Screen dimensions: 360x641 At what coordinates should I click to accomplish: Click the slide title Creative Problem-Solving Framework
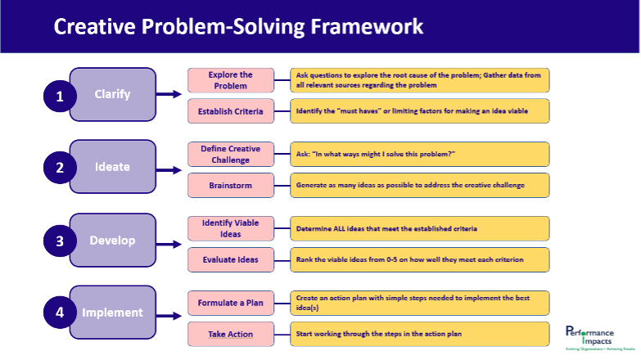(238, 26)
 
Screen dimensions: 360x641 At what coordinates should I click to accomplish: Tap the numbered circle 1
(59, 97)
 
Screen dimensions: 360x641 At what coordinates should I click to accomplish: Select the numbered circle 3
(59, 241)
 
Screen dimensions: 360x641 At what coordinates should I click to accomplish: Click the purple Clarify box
(112, 94)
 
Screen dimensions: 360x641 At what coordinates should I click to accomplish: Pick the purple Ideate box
(112, 167)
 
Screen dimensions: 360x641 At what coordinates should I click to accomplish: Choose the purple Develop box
(112, 241)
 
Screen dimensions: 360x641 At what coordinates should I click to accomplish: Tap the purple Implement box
(112, 312)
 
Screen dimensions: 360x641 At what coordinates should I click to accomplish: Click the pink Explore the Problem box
(230, 80)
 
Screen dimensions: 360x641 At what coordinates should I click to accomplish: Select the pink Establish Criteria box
(230, 111)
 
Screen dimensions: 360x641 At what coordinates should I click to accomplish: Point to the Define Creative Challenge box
(230, 154)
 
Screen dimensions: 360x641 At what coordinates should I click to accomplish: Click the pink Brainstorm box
(230, 186)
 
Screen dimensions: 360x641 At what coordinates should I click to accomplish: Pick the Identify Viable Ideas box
(230, 228)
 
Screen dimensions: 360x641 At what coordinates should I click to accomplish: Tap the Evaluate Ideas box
(230, 259)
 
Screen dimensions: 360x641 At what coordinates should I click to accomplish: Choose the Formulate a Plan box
(230, 303)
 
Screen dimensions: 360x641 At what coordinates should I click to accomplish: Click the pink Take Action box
(230, 334)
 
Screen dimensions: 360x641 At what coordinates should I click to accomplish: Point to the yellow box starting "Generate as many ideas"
(420, 186)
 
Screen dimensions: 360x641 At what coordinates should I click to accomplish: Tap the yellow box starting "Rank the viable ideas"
(420, 259)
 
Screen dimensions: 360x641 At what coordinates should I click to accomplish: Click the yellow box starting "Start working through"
(420, 334)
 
